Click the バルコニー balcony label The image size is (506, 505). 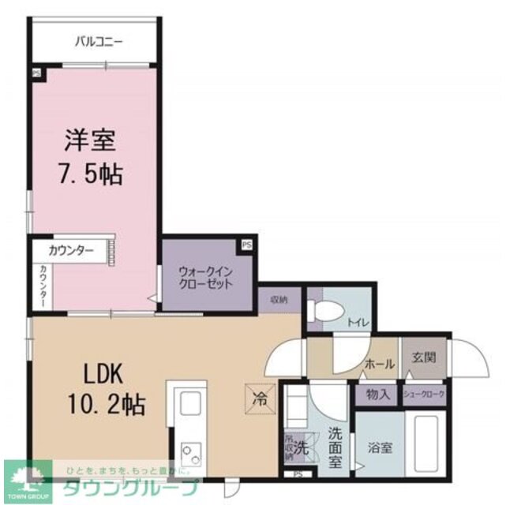pyautogui.click(x=99, y=40)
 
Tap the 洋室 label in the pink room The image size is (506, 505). pyautogui.click(x=90, y=141)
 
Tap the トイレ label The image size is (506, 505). pyautogui.click(x=356, y=322)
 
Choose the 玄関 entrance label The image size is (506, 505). pyautogui.click(x=423, y=357)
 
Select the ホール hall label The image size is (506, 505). pyautogui.click(x=380, y=365)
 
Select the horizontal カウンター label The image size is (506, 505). pyautogui.click(x=71, y=252)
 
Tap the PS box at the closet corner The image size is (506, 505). pyautogui.click(x=247, y=245)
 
